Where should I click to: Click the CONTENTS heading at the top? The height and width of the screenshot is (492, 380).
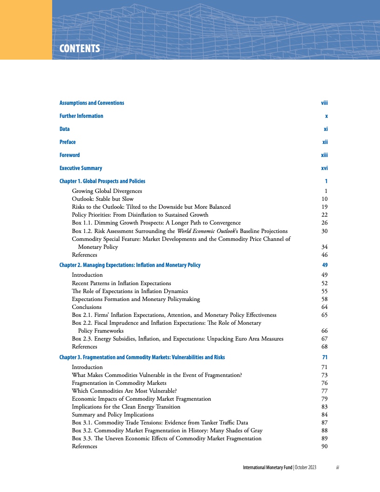tap(80, 48)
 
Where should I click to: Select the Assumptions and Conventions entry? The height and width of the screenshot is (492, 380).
tap(92, 103)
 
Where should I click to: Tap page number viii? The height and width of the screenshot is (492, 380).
tap(325, 103)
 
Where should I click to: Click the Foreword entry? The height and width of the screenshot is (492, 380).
tap(69, 155)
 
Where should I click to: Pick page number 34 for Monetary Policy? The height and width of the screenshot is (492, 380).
tap(325, 247)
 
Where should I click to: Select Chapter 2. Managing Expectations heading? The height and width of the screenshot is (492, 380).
tap(130, 265)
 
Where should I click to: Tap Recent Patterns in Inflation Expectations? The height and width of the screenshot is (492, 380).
tap(121, 283)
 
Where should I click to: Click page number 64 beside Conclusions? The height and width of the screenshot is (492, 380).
tap(325, 307)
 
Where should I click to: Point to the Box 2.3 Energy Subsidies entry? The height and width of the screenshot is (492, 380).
tap(177, 339)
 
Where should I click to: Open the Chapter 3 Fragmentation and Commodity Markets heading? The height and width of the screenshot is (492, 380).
tap(142, 357)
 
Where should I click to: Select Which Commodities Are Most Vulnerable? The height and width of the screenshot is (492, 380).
tap(124, 391)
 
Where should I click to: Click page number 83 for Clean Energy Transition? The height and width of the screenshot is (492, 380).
tap(325, 407)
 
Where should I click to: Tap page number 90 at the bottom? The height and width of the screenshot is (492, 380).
tap(325, 446)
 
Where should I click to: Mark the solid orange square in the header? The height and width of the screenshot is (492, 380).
tap(26, 29)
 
